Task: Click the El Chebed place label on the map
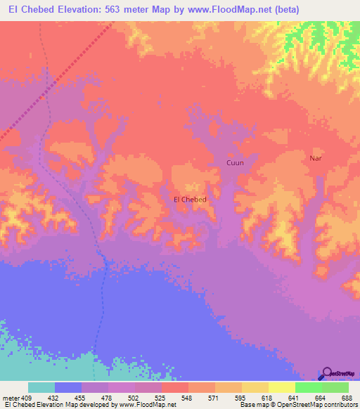[x=190, y=200]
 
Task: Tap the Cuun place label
[x=235, y=163]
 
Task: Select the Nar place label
[x=316, y=158]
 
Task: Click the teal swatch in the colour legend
[x=41, y=387]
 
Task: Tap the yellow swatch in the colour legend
[x=282, y=387]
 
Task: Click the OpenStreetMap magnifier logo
[x=327, y=373]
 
